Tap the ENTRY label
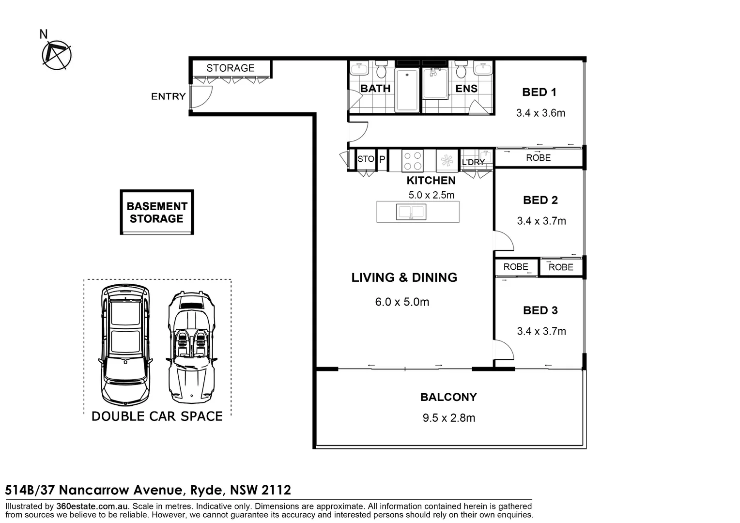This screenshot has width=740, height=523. (169, 96)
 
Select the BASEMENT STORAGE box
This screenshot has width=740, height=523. (157, 212)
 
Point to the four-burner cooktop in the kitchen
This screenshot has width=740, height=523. (413, 161)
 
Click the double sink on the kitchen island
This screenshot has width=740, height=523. (411, 212)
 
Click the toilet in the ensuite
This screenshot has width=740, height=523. (461, 69)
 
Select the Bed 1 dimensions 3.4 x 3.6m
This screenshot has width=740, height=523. (541, 113)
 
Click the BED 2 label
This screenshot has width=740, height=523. (540, 200)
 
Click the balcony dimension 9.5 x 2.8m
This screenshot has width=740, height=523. (449, 418)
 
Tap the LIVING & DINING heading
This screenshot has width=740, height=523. (404, 277)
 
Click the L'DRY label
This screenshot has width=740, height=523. (474, 162)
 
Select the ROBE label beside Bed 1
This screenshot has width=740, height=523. (539, 158)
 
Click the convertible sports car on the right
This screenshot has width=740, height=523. (192, 347)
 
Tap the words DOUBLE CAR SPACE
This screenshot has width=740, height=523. (157, 416)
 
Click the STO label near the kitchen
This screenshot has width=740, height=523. (366, 159)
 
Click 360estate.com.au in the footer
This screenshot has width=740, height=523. (92, 506)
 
